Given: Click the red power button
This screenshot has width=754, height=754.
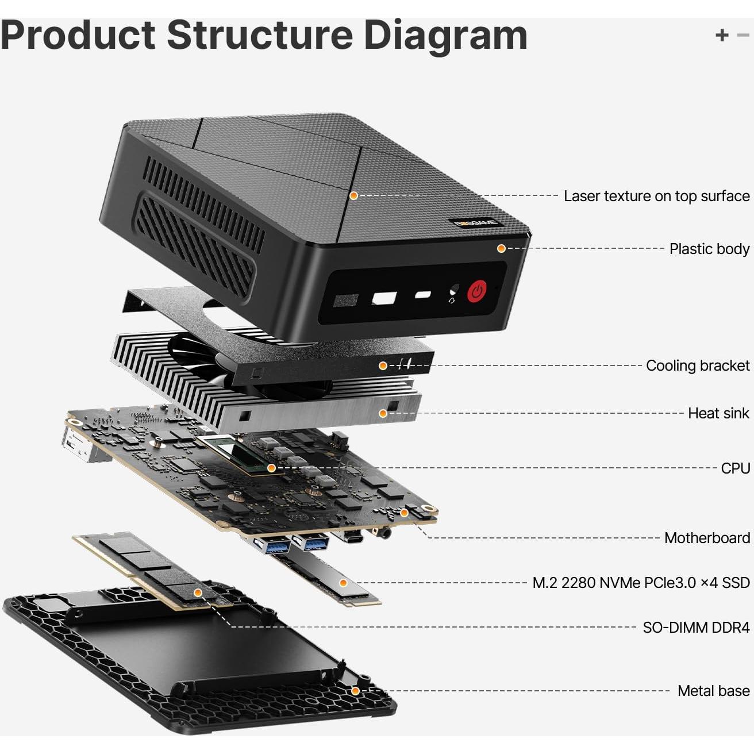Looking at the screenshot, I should click(477, 291).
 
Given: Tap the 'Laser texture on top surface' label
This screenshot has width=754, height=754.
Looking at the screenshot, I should click(656, 196).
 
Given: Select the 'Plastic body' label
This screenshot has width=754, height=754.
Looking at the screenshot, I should click(709, 249).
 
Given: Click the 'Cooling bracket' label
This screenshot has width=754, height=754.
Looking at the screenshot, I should click(698, 366).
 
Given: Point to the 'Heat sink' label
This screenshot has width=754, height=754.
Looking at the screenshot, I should click(718, 413).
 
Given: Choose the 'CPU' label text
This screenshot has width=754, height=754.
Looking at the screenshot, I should click(736, 468).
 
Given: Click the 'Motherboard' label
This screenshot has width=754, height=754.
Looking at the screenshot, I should click(707, 538).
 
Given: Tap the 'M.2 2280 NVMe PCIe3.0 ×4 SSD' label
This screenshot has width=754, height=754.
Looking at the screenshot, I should click(641, 583).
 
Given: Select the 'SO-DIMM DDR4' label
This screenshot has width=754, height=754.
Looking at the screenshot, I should click(696, 628).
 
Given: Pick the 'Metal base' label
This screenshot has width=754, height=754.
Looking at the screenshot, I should click(713, 691).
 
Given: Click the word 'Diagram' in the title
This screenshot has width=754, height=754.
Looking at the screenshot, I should click(445, 36).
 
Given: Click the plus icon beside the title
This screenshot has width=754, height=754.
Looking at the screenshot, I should click(722, 35).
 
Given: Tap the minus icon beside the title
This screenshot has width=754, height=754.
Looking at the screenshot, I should click(743, 35).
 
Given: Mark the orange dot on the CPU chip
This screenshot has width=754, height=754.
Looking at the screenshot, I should click(272, 468).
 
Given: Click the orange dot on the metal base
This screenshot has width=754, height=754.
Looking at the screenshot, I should click(356, 691).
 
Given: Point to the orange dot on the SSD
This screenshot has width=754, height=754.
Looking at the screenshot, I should click(343, 583).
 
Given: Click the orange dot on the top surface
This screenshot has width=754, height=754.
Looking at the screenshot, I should click(354, 195).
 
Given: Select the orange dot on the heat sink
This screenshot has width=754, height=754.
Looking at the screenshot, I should click(383, 413).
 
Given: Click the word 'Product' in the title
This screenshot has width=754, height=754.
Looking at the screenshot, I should click(78, 36).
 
